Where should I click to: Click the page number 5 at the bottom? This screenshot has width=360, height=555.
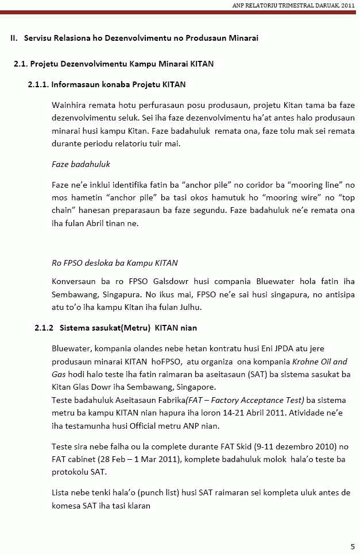352,546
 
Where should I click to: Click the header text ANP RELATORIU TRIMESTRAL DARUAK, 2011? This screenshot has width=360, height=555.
293,5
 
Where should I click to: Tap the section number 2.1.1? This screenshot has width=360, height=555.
38,84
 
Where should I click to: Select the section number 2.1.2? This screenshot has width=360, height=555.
44,328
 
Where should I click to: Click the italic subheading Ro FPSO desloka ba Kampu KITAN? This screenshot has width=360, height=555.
114,263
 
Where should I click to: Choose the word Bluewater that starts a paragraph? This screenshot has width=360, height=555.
71,349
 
